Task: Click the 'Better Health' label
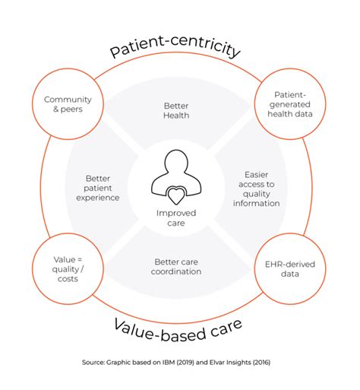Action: coord(176,111)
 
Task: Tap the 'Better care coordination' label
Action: coord(178,267)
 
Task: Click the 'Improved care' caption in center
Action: coord(176,219)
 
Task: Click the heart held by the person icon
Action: coord(176,195)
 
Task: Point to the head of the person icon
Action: coord(176,162)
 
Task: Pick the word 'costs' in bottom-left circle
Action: coord(62,279)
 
